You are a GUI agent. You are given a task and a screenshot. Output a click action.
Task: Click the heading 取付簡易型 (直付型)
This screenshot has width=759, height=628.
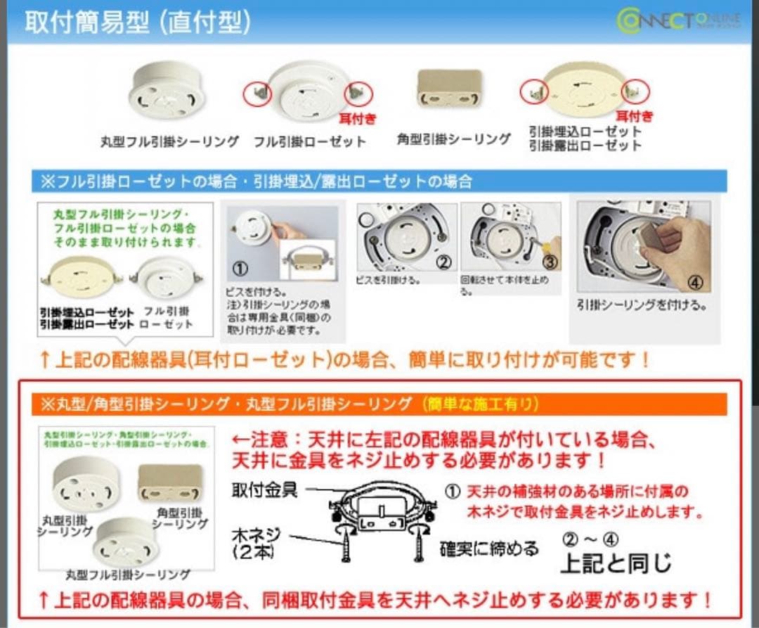click(137, 23)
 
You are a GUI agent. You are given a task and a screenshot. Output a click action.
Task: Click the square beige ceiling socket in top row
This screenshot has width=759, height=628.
click(450, 88)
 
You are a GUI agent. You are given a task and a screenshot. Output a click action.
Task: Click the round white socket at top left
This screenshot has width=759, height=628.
click(167, 90)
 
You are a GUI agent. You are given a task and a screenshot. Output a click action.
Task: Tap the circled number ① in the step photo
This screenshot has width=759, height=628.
click(240, 270)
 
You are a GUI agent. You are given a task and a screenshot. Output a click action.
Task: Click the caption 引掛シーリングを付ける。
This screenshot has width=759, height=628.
click(642, 306)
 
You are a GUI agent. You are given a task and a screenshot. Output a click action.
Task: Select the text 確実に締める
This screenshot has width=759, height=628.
click(489, 549)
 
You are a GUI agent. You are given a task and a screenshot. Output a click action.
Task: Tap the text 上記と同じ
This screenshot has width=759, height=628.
click(615, 563)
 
